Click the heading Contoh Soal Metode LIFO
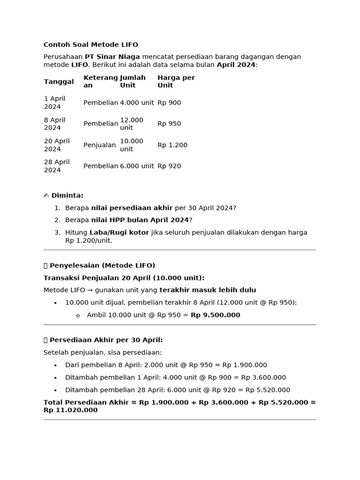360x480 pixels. [x=90, y=45]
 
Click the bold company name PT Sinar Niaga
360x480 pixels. [x=112, y=57]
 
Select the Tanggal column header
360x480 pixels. [x=59, y=82]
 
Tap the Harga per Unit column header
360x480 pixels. [x=176, y=82]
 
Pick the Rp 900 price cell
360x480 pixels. [x=169, y=103]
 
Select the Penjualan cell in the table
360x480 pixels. [x=99, y=145]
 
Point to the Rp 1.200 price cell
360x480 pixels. [x=172, y=145]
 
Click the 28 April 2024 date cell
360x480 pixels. [x=57, y=166]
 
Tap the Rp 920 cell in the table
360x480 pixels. [x=169, y=166]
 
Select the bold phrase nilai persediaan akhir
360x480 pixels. [x=132, y=208]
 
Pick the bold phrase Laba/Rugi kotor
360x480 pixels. [x=119, y=232]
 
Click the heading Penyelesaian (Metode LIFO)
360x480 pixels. [x=103, y=265]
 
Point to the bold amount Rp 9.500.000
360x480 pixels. [x=215, y=315]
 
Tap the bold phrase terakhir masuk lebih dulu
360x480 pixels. [x=208, y=290]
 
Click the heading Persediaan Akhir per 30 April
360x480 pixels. [x=106, y=340]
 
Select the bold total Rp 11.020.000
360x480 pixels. [x=70, y=410]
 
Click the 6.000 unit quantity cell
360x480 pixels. [x=137, y=166]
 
